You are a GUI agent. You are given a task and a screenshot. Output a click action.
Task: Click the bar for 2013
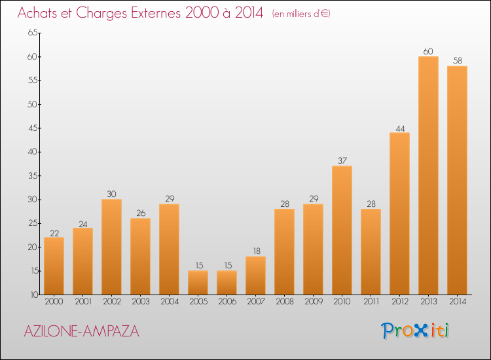(x=428, y=175)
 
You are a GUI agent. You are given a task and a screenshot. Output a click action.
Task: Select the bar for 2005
(x=198, y=283)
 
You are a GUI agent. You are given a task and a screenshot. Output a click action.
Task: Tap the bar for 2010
(x=342, y=230)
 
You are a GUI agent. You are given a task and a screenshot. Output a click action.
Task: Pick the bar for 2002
(x=111, y=247)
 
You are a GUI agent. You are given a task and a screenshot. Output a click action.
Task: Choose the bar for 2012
(x=399, y=213)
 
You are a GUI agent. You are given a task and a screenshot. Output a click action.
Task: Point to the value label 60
(x=428, y=51)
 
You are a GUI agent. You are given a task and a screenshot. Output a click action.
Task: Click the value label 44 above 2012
(x=399, y=127)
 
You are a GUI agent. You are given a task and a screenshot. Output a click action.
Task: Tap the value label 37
(x=342, y=160)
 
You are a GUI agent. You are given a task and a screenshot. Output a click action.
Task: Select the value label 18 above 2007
(x=255, y=251)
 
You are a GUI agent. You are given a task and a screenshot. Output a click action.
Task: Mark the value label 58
(x=457, y=60)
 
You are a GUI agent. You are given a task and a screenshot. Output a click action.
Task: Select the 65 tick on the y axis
(x=32, y=33)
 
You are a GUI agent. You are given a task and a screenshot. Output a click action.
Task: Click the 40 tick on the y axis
(x=32, y=152)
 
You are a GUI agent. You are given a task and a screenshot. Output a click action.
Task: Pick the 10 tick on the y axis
(x=32, y=295)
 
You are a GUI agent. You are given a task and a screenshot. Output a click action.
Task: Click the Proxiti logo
(x=416, y=331)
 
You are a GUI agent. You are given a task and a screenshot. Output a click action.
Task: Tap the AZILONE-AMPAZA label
(x=81, y=331)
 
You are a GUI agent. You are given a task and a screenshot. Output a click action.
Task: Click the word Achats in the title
(x=38, y=13)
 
